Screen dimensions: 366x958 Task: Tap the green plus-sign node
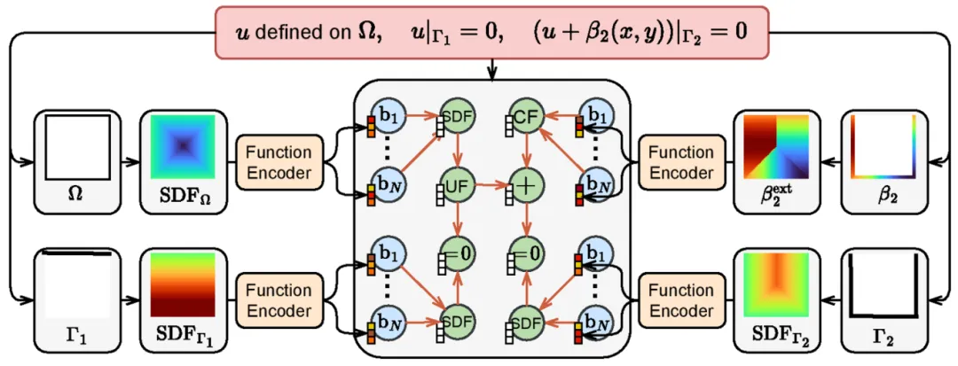(525, 187)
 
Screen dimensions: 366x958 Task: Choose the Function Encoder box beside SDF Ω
(279, 162)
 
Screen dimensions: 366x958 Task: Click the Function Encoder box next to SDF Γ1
(279, 300)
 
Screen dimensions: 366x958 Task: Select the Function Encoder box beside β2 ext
(681, 162)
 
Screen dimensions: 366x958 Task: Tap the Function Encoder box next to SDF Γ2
(681, 300)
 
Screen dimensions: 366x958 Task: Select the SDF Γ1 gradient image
(182, 284)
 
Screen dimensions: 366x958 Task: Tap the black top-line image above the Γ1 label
(75, 284)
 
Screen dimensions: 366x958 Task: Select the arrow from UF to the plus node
(489, 187)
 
